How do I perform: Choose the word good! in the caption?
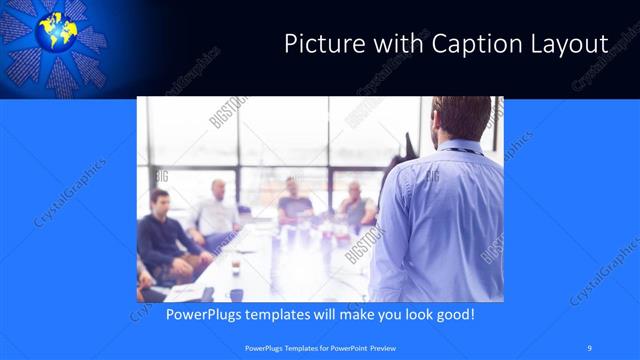click(x=453, y=314)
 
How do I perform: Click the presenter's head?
click(x=461, y=119)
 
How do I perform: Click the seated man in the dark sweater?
click(x=166, y=240)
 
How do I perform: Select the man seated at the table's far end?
click(x=294, y=200)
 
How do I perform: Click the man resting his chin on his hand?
click(x=355, y=205)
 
